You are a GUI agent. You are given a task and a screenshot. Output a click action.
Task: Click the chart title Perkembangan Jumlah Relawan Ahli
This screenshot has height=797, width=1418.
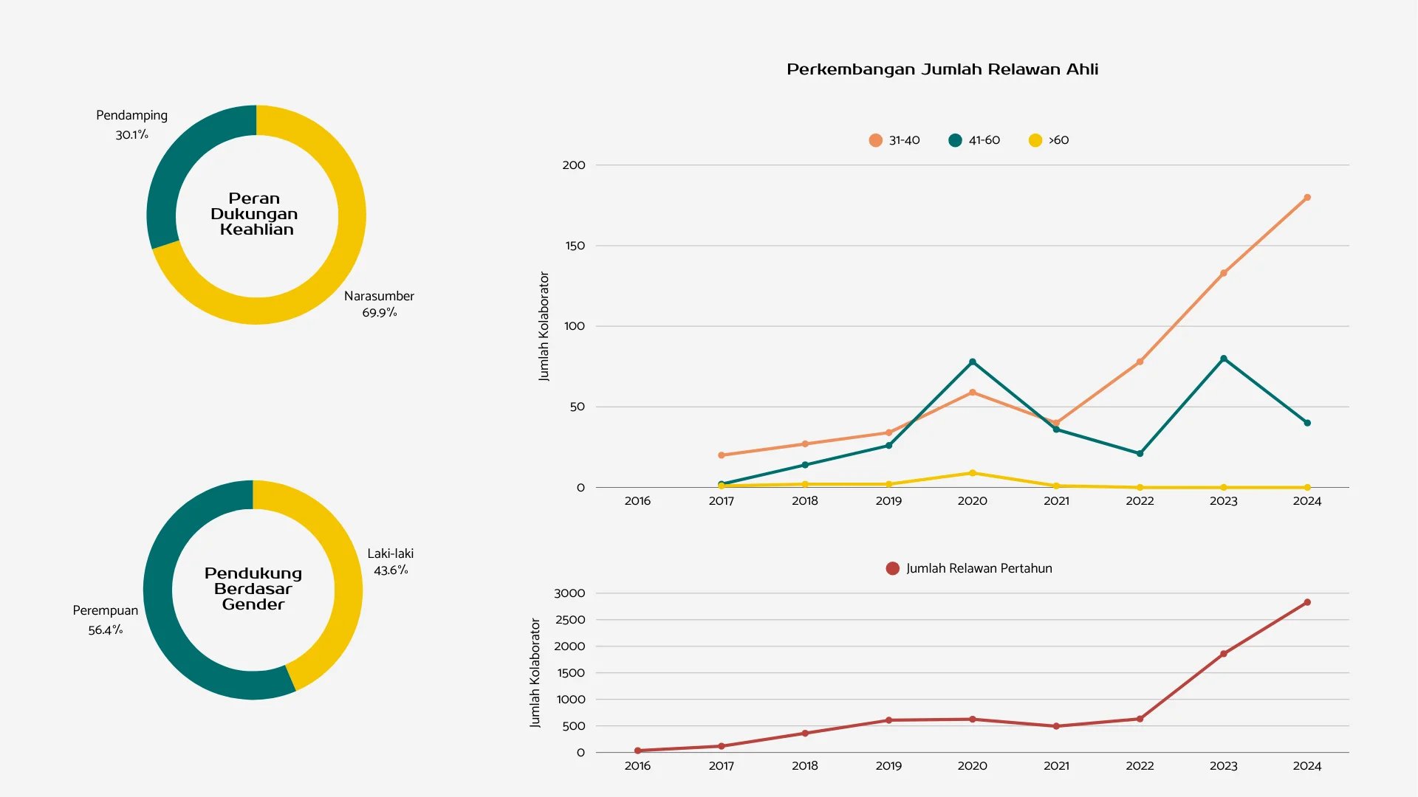[942, 69]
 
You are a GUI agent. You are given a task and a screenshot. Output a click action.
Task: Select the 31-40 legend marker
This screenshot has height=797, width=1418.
[876, 140]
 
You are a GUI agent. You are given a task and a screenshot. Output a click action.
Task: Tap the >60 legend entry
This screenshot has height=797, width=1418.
[1049, 140]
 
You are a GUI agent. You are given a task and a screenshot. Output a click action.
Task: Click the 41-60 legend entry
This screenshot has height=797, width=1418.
[974, 140]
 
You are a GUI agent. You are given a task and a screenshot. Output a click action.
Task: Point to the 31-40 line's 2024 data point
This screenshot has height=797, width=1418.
[1307, 198]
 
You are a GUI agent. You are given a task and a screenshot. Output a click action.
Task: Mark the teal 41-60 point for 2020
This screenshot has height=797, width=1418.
[973, 362]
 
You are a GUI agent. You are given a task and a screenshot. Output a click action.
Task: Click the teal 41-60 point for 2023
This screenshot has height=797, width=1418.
[1224, 359]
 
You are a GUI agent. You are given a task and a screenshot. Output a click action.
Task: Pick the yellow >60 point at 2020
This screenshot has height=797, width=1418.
[973, 473]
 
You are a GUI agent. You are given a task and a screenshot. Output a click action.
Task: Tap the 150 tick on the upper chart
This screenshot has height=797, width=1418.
[575, 246]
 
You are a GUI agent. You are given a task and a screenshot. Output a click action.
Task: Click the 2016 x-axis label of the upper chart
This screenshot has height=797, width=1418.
[637, 501]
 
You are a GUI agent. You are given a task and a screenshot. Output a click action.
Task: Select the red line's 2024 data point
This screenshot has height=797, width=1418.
[1307, 602]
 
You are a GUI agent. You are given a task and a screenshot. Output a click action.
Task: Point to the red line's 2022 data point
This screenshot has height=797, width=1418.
[1140, 719]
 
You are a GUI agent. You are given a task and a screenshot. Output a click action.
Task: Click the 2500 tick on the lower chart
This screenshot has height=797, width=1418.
[570, 620]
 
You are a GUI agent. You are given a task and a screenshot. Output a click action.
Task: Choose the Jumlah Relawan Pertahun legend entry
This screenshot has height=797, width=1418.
[969, 568]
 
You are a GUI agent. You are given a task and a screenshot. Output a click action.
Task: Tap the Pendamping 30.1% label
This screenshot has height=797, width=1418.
[132, 125]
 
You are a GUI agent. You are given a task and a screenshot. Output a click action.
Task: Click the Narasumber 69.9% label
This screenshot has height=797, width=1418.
[379, 304]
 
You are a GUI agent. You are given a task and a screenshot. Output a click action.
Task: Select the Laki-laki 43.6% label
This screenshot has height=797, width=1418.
[391, 562]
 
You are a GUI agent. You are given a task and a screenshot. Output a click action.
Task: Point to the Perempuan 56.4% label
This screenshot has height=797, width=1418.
[106, 620]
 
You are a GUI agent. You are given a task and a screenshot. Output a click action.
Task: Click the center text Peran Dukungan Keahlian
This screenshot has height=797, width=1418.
[254, 214]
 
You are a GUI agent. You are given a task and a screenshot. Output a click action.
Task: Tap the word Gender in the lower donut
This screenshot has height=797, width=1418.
[253, 604]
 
